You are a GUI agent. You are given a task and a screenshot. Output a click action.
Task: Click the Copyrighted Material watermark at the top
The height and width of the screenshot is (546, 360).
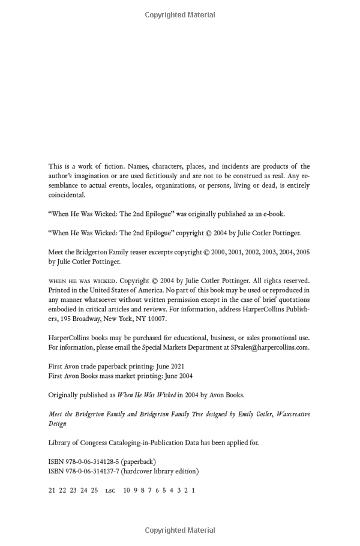[179, 15]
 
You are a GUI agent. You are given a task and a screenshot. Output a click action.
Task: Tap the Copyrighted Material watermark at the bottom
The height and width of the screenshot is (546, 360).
[179, 530]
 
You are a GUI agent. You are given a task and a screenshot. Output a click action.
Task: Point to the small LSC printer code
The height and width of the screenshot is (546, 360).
[110, 491]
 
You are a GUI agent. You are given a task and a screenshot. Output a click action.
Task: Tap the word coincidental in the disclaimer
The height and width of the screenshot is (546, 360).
[67, 194]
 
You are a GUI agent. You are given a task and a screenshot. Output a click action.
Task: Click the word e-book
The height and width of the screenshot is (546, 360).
[274, 214]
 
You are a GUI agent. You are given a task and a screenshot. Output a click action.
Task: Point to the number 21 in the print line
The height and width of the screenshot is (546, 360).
[52, 490]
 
